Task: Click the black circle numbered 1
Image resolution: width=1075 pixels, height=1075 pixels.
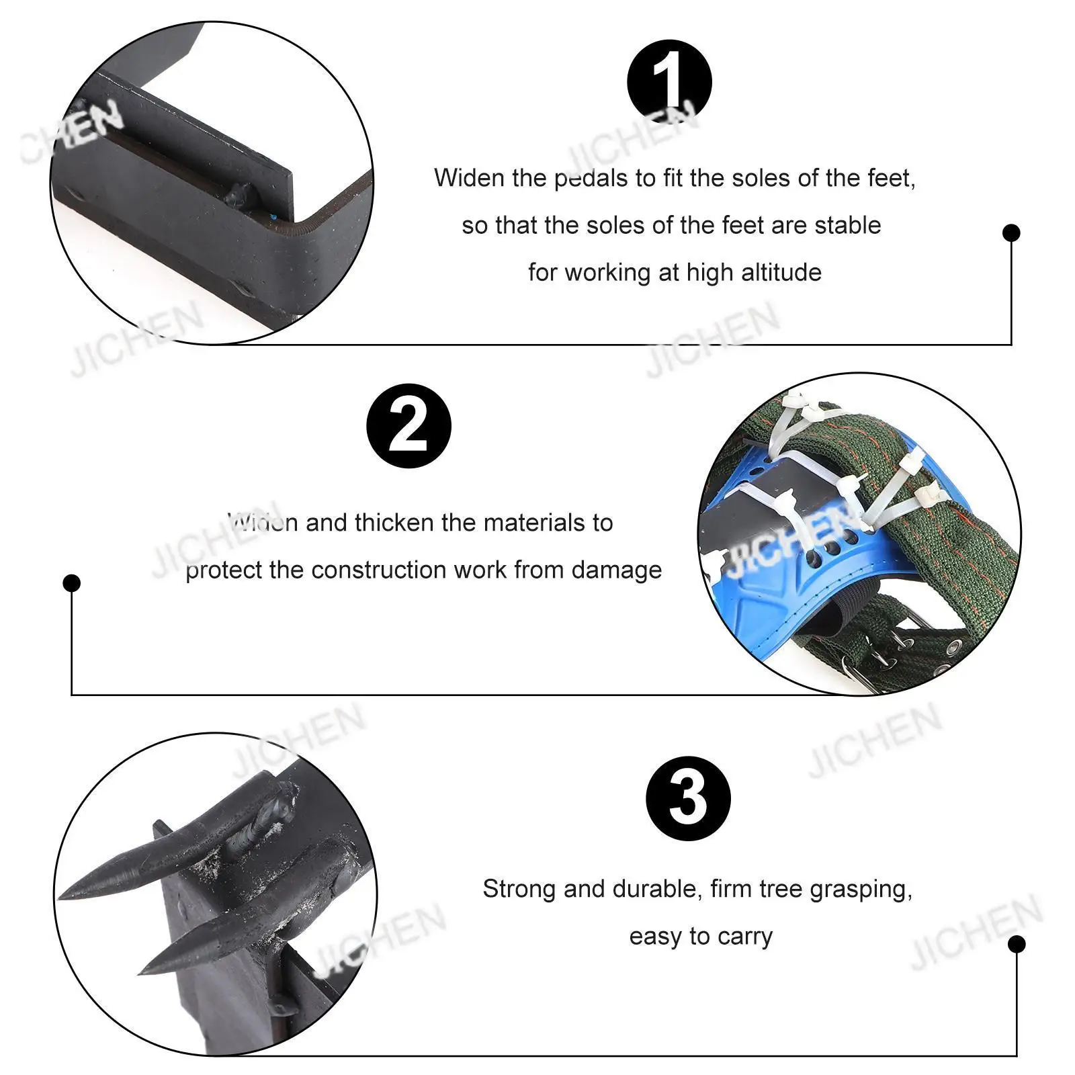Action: (669, 82)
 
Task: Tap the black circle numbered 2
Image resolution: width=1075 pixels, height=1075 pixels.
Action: (408, 426)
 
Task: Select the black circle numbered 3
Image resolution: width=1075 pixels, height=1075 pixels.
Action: (688, 798)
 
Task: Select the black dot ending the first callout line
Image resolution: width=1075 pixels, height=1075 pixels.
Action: (1011, 233)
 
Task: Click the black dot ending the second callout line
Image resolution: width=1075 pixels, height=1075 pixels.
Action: (72, 583)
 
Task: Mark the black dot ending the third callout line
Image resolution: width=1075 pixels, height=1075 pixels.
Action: (1017, 944)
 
